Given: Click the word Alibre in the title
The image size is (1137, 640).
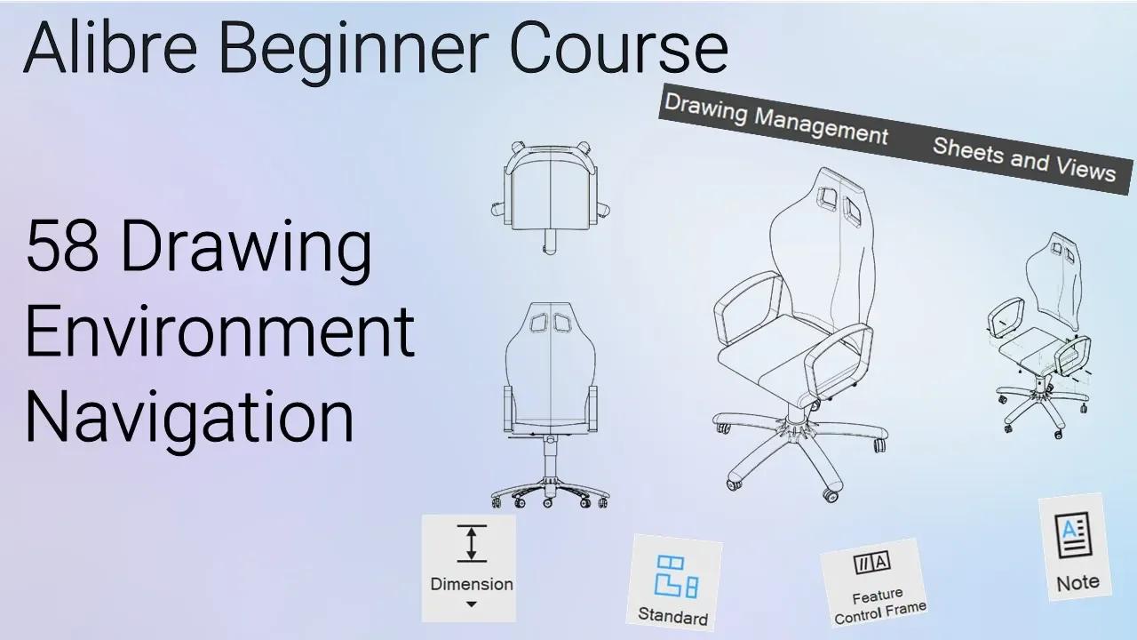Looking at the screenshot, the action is click(x=110, y=47).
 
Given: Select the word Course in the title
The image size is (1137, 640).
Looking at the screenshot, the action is click(x=619, y=49).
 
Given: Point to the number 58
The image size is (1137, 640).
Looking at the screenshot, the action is click(x=62, y=245).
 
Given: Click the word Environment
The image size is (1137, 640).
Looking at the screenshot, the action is click(x=220, y=332).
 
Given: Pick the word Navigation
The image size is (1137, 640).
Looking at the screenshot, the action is click(x=189, y=420).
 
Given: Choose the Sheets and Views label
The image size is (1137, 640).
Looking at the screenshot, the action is click(x=1024, y=159).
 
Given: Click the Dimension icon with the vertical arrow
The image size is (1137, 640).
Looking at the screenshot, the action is click(x=472, y=543).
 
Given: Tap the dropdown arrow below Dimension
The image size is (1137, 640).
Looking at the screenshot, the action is click(x=471, y=604).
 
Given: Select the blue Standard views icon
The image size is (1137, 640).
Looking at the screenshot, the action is click(x=676, y=577).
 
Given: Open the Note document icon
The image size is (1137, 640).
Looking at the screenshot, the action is click(x=1073, y=535).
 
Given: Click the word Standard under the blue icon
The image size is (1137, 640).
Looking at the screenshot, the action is click(x=673, y=616).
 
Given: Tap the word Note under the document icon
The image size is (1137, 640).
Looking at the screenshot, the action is click(x=1078, y=582).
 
